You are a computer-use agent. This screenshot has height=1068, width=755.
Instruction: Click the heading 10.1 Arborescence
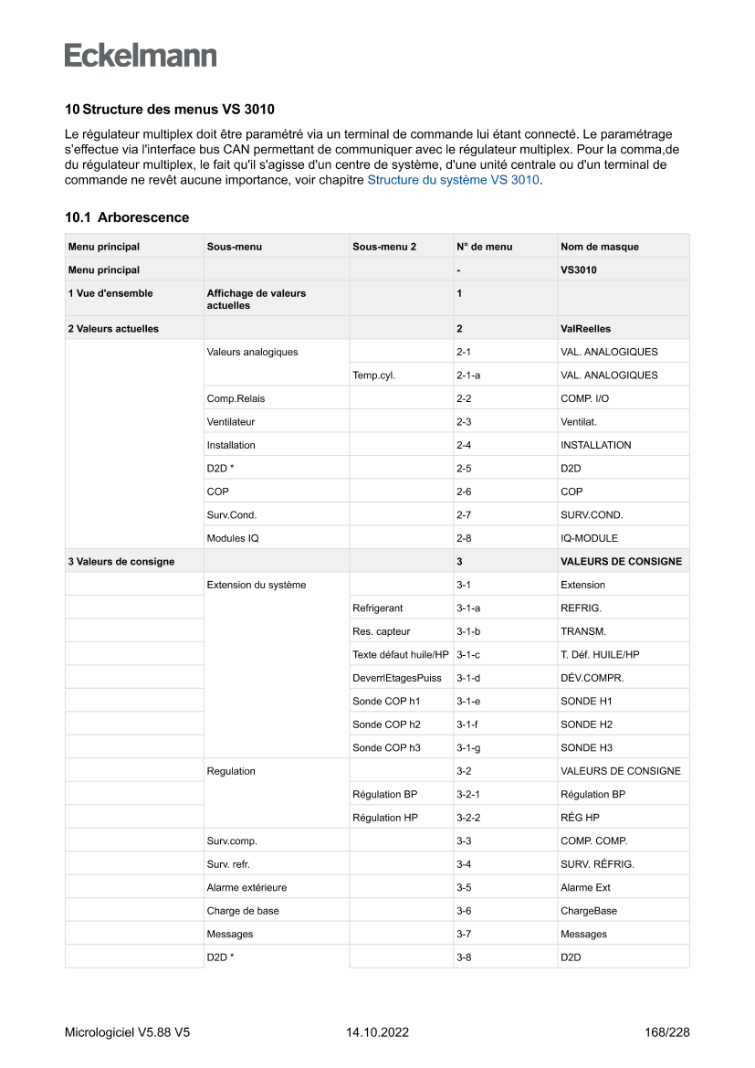pyautogui.click(x=127, y=217)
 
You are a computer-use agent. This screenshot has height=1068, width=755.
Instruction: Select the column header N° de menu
pyautogui.click(x=484, y=247)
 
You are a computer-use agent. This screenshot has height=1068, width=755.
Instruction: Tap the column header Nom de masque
pyautogui.click(x=599, y=247)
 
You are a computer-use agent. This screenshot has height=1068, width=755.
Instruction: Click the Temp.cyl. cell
pyautogui.click(x=373, y=375)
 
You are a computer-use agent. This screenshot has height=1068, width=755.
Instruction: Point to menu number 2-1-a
pyautogui.click(x=469, y=375)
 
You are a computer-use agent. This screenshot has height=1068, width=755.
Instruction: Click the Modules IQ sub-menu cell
pyautogui.click(x=233, y=538)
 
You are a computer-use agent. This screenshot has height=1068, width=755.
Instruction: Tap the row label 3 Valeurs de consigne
pyautogui.click(x=121, y=561)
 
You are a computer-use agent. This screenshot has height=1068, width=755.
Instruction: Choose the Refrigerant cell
pyautogui.click(x=377, y=608)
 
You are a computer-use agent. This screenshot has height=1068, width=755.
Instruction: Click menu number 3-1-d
pyautogui.click(x=468, y=678)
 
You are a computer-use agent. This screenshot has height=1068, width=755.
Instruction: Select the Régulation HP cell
pyautogui.click(x=384, y=818)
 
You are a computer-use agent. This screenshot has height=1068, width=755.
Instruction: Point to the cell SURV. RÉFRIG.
pyautogui.click(x=597, y=864)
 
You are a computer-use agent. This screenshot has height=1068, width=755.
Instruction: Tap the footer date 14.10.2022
pyautogui.click(x=377, y=1032)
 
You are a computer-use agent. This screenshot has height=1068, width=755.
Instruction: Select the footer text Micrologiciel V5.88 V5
pyautogui.click(x=127, y=1032)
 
